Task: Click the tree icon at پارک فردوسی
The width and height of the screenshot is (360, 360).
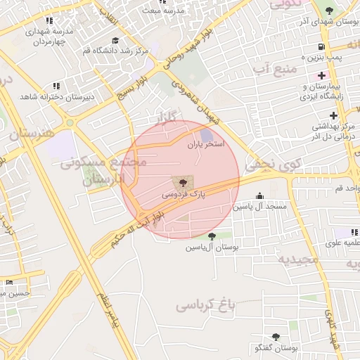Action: (175, 181)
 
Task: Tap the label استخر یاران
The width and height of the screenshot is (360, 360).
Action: (205, 145)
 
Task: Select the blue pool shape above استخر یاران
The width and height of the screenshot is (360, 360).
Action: (206, 134)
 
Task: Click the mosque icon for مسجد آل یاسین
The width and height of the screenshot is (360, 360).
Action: (260, 196)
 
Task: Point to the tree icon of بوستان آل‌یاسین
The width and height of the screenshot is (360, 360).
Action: (212, 236)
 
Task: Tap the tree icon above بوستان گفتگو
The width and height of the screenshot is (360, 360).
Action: (274, 337)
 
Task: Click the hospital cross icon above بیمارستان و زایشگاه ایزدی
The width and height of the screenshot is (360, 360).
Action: (322, 75)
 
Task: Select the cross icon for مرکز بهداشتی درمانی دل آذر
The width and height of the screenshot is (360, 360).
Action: (334, 115)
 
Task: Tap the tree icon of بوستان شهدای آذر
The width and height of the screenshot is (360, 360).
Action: (330, 11)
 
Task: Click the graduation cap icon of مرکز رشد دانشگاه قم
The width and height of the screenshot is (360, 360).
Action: (115, 40)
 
